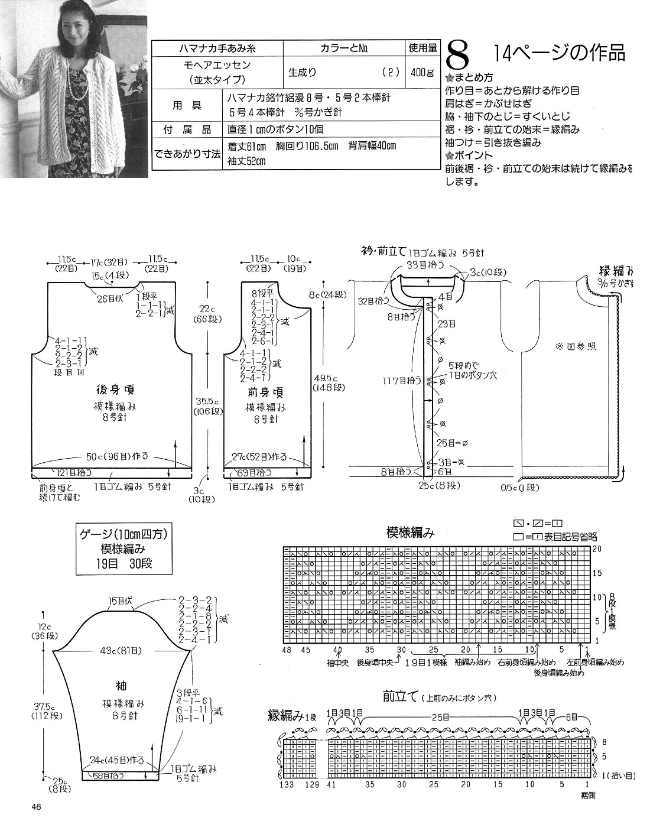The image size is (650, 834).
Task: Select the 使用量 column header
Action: pyautogui.click(x=422, y=48)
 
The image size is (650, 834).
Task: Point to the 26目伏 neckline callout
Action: pyautogui.click(x=110, y=298)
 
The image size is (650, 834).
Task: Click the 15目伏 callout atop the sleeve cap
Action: pyautogui.click(x=120, y=602)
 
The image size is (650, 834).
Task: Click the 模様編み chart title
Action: pyautogui.click(x=410, y=533)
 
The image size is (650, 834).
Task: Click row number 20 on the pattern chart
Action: pyautogui.click(x=597, y=549)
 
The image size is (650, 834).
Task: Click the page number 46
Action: pyautogui.click(x=34, y=807)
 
